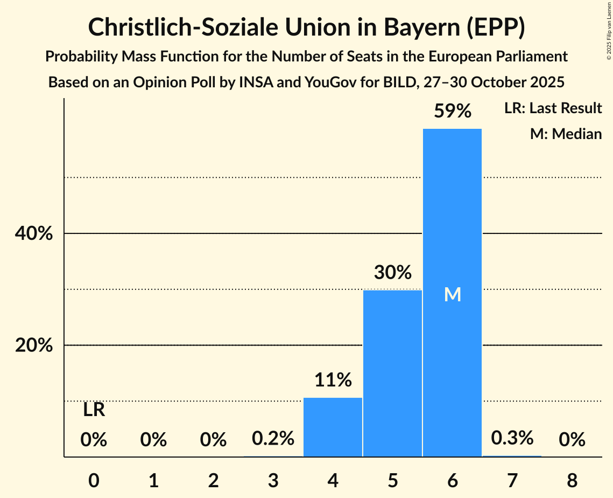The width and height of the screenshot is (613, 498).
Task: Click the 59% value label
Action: (453, 112)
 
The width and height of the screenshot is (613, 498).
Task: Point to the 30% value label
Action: (393, 273)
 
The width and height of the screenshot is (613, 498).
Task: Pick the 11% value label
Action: (333, 381)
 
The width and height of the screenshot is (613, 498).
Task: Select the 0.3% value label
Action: (512, 438)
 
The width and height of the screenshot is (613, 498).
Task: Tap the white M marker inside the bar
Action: (453, 294)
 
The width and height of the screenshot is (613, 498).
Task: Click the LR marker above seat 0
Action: (94, 411)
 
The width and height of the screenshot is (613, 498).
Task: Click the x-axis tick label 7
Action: (512, 480)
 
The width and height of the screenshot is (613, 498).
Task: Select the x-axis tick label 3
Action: (273, 480)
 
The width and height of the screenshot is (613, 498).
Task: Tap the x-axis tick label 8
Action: (572, 480)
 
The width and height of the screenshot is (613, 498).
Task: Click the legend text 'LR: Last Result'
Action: (553, 108)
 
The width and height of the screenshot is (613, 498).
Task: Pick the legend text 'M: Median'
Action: (566, 134)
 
